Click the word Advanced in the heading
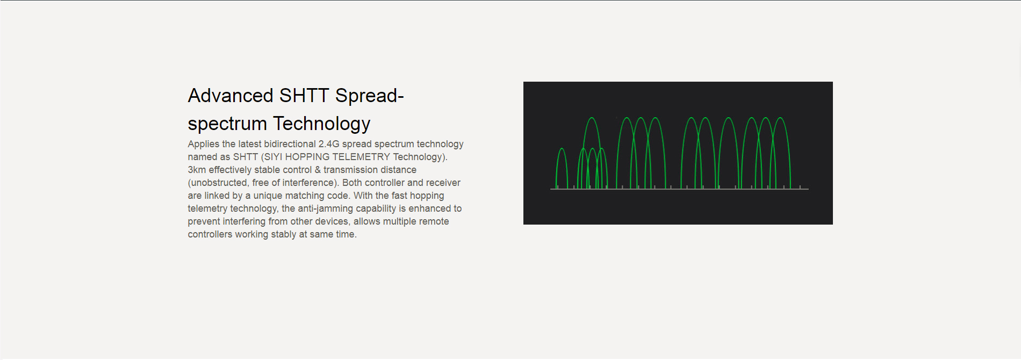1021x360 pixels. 231,96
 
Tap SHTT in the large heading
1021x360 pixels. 304,96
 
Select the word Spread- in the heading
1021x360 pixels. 370,96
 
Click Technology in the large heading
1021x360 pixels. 321,124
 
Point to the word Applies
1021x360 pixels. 204,144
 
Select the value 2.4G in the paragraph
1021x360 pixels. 329,144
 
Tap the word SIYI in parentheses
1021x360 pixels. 271,157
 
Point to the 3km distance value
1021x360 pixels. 197,170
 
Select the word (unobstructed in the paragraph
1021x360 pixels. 218,183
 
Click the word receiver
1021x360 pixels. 443,183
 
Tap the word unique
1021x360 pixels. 267,196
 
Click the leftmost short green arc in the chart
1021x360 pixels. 562,149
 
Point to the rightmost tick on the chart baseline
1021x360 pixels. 800,187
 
